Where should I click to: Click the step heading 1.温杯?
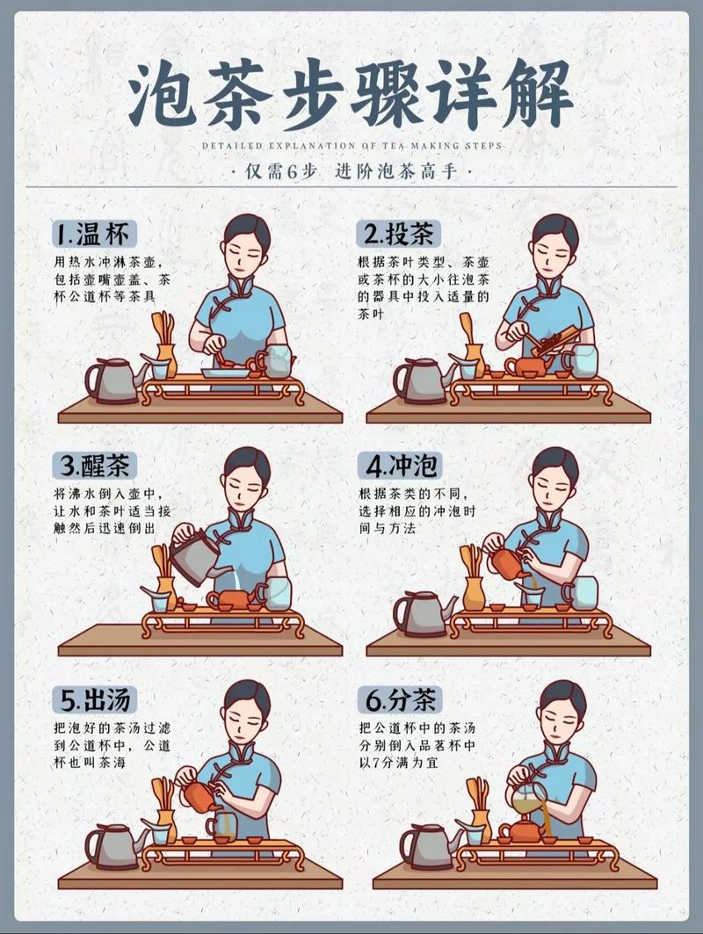(x=94, y=234)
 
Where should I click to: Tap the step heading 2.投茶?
(x=399, y=234)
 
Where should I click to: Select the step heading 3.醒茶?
(x=94, y=466)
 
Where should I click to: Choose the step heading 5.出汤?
(x=94, y=699)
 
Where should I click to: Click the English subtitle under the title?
(x=351, y=145)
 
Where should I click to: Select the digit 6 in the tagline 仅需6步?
(x=292, y=171)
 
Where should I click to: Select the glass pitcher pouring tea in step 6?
(x=526, y=800)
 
